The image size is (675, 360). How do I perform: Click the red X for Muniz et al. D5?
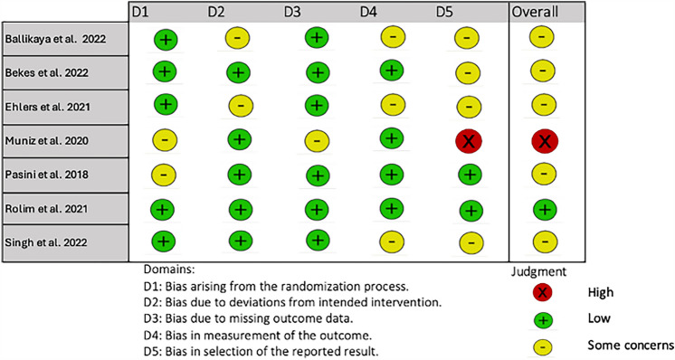pos(469,141)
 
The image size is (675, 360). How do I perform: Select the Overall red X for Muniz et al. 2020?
pos(545,140)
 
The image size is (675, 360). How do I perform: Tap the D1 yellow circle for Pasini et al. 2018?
pos(164,175)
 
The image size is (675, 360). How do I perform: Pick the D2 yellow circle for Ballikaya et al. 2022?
pos(237,38)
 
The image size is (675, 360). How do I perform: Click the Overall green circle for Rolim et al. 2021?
pos(545,210)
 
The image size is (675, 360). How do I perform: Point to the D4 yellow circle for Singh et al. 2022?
pos(392,242)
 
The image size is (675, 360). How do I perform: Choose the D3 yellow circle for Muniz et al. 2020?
pos(317,140)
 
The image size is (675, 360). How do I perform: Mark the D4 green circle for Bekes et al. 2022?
pos(392,71)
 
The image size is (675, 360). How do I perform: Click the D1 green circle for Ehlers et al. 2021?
pos(166,105)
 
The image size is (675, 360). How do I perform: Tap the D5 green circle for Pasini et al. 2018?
pos(471,175)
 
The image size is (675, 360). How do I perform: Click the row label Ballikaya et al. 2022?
pos(55,39)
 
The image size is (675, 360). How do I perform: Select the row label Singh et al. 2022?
pos(46,242)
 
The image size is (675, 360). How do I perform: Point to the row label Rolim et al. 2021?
pos(46,209)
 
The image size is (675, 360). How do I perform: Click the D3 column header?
pos(292,12)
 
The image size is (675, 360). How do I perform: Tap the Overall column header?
pos(535,12)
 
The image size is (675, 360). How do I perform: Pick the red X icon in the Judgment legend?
pos(542,292)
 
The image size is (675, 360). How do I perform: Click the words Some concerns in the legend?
pos(631,345)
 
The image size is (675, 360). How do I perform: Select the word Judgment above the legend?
pos(539,272)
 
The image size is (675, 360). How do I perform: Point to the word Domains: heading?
pos(169,270)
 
